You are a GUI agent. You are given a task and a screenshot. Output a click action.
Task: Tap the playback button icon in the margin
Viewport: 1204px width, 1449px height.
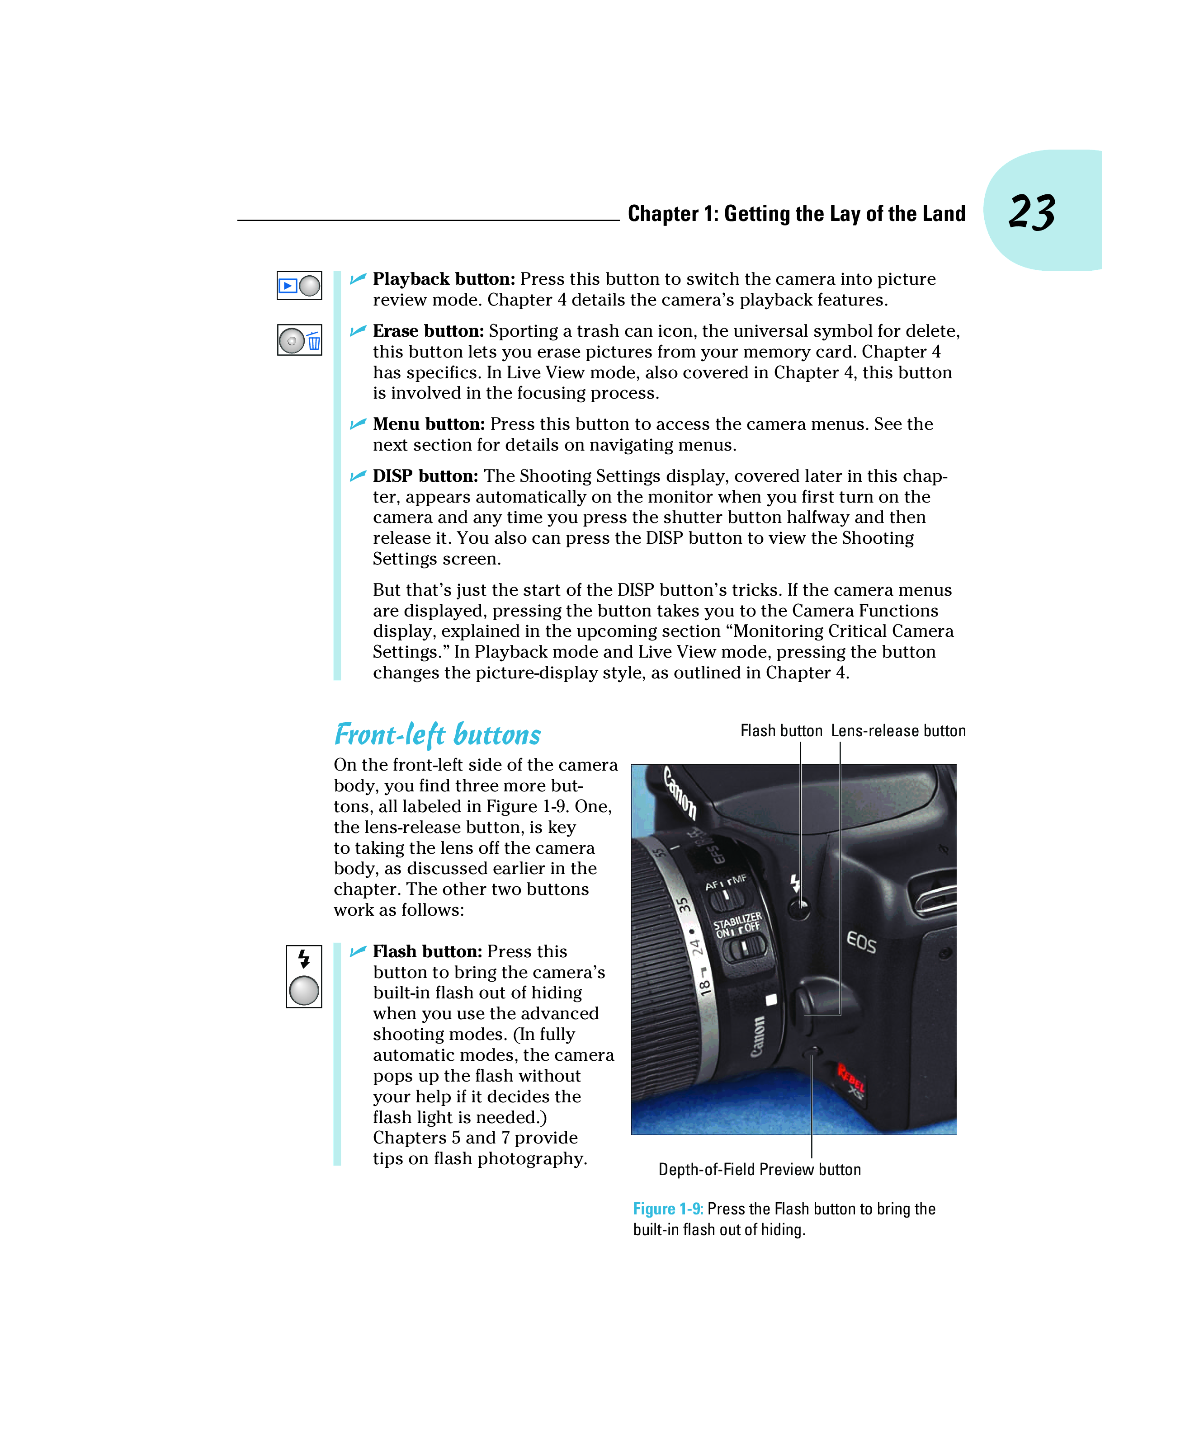[x=299, y=285]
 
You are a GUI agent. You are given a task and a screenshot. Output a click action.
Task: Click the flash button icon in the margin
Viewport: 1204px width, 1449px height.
[x=304, y=976]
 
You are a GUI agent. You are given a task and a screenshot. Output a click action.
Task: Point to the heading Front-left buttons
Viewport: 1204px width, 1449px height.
[x=437, y=734]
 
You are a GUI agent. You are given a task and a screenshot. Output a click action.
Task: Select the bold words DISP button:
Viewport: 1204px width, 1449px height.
[x=425, y=476]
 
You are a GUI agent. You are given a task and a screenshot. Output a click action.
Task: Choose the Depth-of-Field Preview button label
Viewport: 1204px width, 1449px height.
[x=760, y=1169]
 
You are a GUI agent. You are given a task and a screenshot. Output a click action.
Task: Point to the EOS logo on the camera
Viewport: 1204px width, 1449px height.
[x=862, y=942]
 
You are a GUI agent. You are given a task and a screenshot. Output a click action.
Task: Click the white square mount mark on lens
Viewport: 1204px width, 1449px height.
[x=771, y=999]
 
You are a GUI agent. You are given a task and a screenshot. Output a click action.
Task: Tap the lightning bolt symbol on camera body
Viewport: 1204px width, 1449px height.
[x=795, y=883]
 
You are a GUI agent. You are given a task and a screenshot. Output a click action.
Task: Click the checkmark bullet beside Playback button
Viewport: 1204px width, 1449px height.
[x=358, y=279]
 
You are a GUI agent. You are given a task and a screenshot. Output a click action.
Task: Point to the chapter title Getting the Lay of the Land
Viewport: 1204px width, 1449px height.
[x=796, y=214]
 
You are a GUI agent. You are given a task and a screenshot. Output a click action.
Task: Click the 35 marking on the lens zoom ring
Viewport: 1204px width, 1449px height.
[x=684, y=905]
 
